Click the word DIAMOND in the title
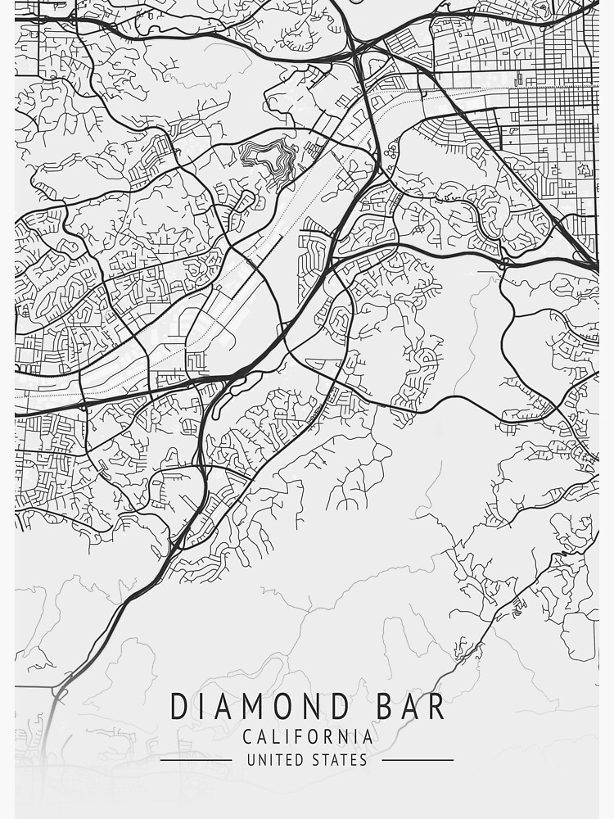[249, 707]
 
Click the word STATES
[339, 760]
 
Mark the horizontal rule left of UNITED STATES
[196, 760]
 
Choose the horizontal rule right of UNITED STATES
[418, 760]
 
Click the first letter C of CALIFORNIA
[247, 737]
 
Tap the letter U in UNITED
[251, 760]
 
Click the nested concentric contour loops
[266, 156]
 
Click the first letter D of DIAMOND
[178, 707]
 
